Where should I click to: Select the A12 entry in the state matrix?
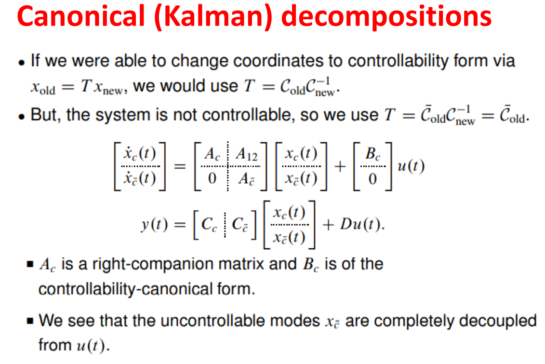247,156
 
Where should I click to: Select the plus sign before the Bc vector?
340,167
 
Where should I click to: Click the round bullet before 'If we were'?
23,63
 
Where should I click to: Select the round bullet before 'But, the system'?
23,116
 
